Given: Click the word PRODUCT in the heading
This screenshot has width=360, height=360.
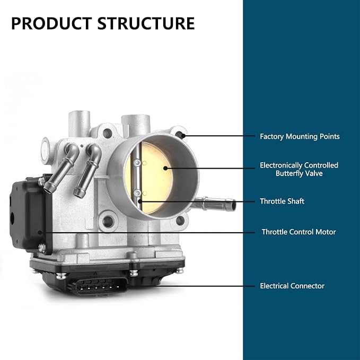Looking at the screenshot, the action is click(x=51, y=23).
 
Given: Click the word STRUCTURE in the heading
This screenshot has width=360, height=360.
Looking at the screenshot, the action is click(x=146, y=23).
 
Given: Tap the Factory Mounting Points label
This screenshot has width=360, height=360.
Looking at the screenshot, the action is click(x=300, y=136).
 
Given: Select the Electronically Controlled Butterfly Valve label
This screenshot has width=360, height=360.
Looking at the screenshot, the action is click(x=299, y=169).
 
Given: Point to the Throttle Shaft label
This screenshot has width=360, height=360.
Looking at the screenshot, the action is click(x=282, y=201).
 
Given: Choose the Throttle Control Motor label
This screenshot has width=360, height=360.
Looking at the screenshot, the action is click(x=298, y=232).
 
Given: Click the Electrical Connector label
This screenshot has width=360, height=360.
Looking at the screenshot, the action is click(x=292, y=286).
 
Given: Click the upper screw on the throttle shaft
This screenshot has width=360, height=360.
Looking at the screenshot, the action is click(x=137, y=163).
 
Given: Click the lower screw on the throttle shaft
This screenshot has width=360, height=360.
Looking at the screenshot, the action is click(x=137, y=192).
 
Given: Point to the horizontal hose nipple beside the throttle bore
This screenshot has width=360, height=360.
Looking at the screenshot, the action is click(x=214, y=204).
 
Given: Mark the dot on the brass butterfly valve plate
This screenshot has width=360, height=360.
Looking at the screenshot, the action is click(x=165, y=168).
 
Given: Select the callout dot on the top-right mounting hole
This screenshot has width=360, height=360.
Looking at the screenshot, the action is click(x=183, y=136).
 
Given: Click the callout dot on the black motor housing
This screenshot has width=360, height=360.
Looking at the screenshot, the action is click(x=40, y=233).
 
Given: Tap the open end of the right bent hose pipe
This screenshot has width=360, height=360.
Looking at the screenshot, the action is click(x=79, y=194).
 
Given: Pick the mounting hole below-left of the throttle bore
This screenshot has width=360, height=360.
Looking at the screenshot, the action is click(x=108, y=221).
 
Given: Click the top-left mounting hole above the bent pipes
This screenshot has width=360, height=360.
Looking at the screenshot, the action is click(x=107, y=133).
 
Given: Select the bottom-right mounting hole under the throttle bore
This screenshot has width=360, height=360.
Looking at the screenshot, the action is click(x=180, y=221).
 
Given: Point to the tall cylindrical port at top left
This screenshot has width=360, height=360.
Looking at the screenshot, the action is click(x=80, y=124).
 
